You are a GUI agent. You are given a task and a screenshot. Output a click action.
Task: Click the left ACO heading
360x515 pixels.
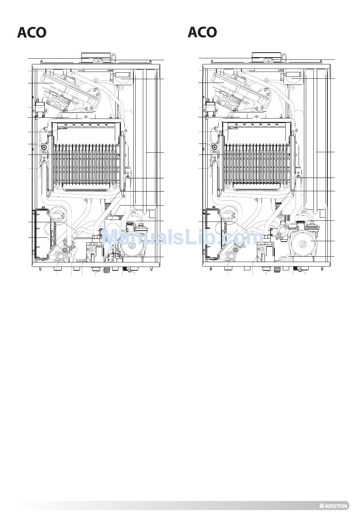[32, 33]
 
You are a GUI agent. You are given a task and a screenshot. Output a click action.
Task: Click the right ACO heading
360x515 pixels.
[202, 33]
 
